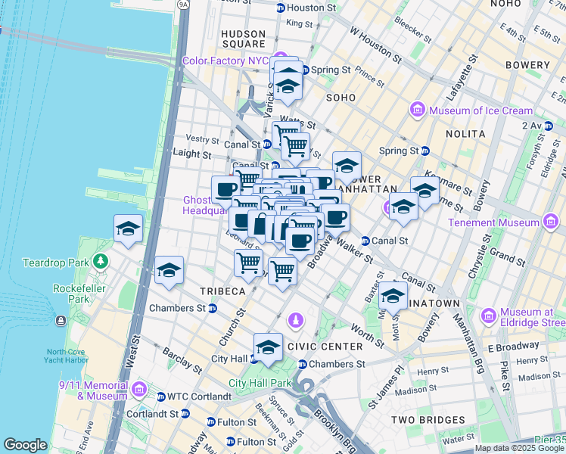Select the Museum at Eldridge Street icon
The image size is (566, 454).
(488, 313)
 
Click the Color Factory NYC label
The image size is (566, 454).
(226, 61)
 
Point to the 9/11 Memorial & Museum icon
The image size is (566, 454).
(138, 390)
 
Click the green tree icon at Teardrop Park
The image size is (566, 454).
(101, 262)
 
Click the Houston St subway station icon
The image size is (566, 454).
(281, 8)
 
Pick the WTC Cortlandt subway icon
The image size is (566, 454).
(160, 396)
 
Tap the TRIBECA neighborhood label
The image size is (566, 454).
(222, 291)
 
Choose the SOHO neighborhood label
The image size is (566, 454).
(341, 98)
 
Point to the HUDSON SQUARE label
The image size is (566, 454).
(244, 39)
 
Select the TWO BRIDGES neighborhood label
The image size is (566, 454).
(428, 419)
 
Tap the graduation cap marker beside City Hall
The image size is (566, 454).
(268, 347)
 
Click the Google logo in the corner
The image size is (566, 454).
(25, 445)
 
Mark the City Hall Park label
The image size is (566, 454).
(260, 384)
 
